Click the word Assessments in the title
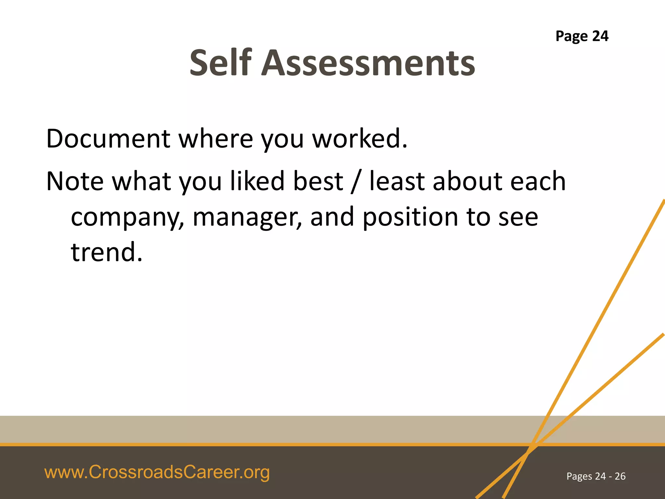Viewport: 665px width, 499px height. click(368, 63)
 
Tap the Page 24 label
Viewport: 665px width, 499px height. click(582, 36)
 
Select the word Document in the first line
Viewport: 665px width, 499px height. click(108, 139)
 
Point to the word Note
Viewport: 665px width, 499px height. click(75, 181)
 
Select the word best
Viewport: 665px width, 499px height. click(318, 181)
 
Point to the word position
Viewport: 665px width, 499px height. click(410, 217)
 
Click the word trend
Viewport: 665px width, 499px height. click(107, 252)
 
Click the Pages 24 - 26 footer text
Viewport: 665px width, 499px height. click(596, 476)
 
